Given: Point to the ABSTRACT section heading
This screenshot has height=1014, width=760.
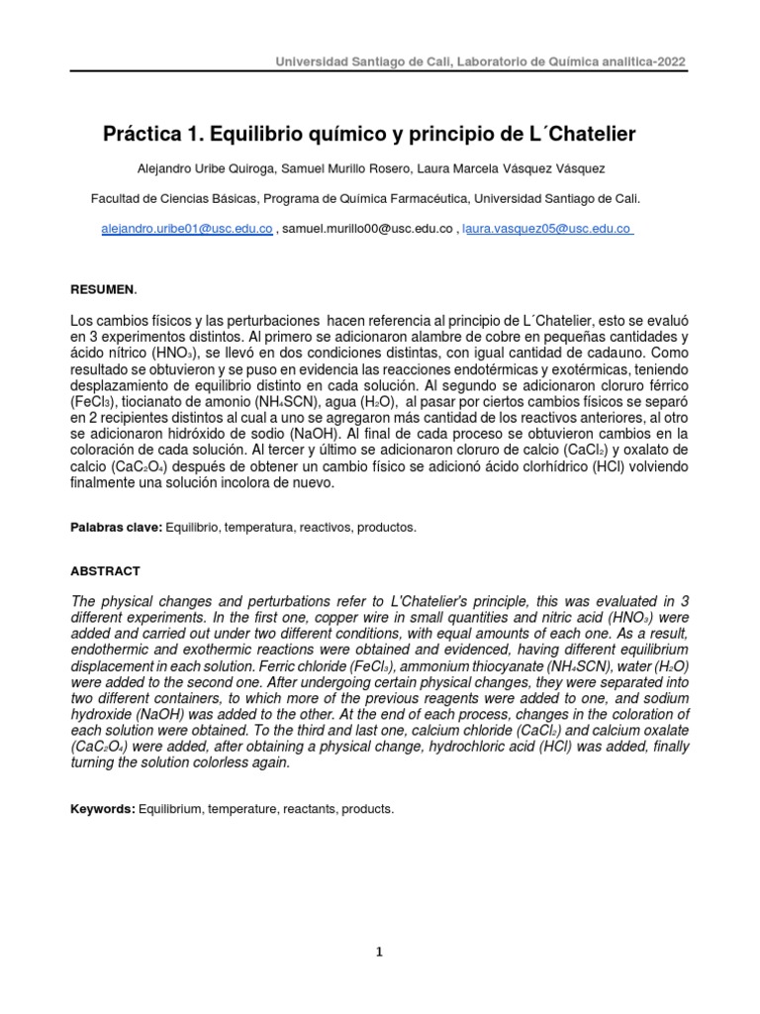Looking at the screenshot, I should [x=105, y=571].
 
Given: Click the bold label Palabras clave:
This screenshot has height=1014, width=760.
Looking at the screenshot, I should [x=116, y=528].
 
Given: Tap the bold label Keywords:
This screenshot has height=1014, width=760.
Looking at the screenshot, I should [x=102, y=809].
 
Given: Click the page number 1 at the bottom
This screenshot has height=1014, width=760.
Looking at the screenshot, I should [x=379, y=953].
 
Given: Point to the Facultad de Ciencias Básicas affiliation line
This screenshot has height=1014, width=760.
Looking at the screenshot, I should [x=365, y=198].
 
